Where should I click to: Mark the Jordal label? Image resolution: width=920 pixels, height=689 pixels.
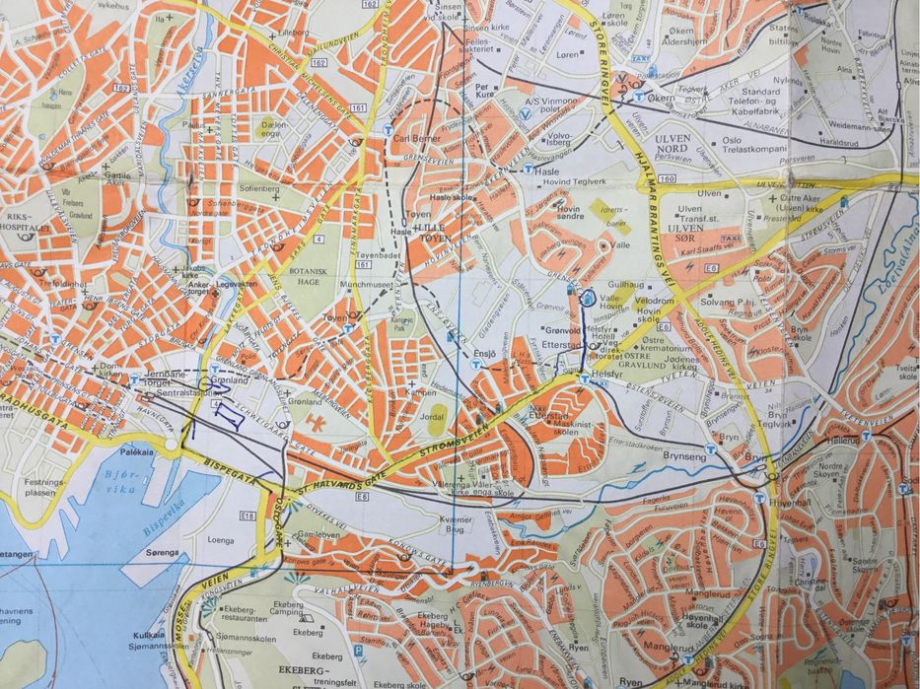point(432,417)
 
